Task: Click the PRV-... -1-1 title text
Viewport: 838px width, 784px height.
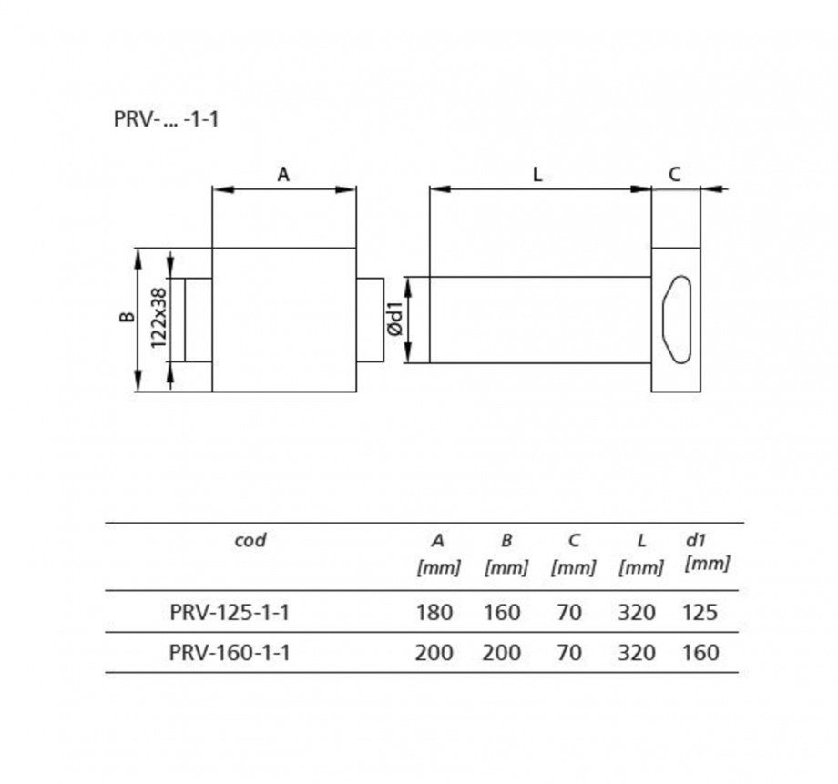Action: (167, 119)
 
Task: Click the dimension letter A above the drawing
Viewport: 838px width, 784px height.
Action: (283, 175)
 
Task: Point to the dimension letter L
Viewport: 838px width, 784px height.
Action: (537, 175)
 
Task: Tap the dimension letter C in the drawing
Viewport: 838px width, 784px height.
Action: (674, 175)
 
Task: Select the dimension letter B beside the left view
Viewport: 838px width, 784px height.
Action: (128, 318)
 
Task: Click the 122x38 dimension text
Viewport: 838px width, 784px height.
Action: (158, 318)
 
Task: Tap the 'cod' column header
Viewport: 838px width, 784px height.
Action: (250, 540)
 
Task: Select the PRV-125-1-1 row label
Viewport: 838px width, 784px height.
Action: (230, 612)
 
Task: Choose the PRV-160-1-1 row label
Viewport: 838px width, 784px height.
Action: (230, 652)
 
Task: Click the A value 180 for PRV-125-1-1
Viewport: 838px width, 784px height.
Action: (434, 612)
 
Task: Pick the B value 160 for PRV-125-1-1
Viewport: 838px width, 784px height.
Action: (502, 612)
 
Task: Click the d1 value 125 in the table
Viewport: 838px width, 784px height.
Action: (700, 612)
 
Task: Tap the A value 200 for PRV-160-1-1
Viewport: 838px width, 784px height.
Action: (434, 652)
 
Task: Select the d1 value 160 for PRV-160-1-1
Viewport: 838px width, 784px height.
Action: (700, 652)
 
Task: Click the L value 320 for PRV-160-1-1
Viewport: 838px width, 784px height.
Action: (637, 652)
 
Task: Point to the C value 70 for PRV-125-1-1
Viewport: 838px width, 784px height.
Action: (569, 612)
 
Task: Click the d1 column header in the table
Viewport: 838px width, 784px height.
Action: (697, 540)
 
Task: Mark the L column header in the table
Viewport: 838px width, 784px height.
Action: (641, 540)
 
